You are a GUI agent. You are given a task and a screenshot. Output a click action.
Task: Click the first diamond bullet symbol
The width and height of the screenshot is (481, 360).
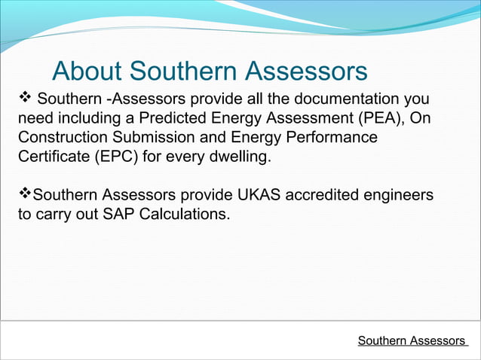point(24,98)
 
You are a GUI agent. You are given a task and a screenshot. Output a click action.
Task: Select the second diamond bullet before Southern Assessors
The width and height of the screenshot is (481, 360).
point(24,194)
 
